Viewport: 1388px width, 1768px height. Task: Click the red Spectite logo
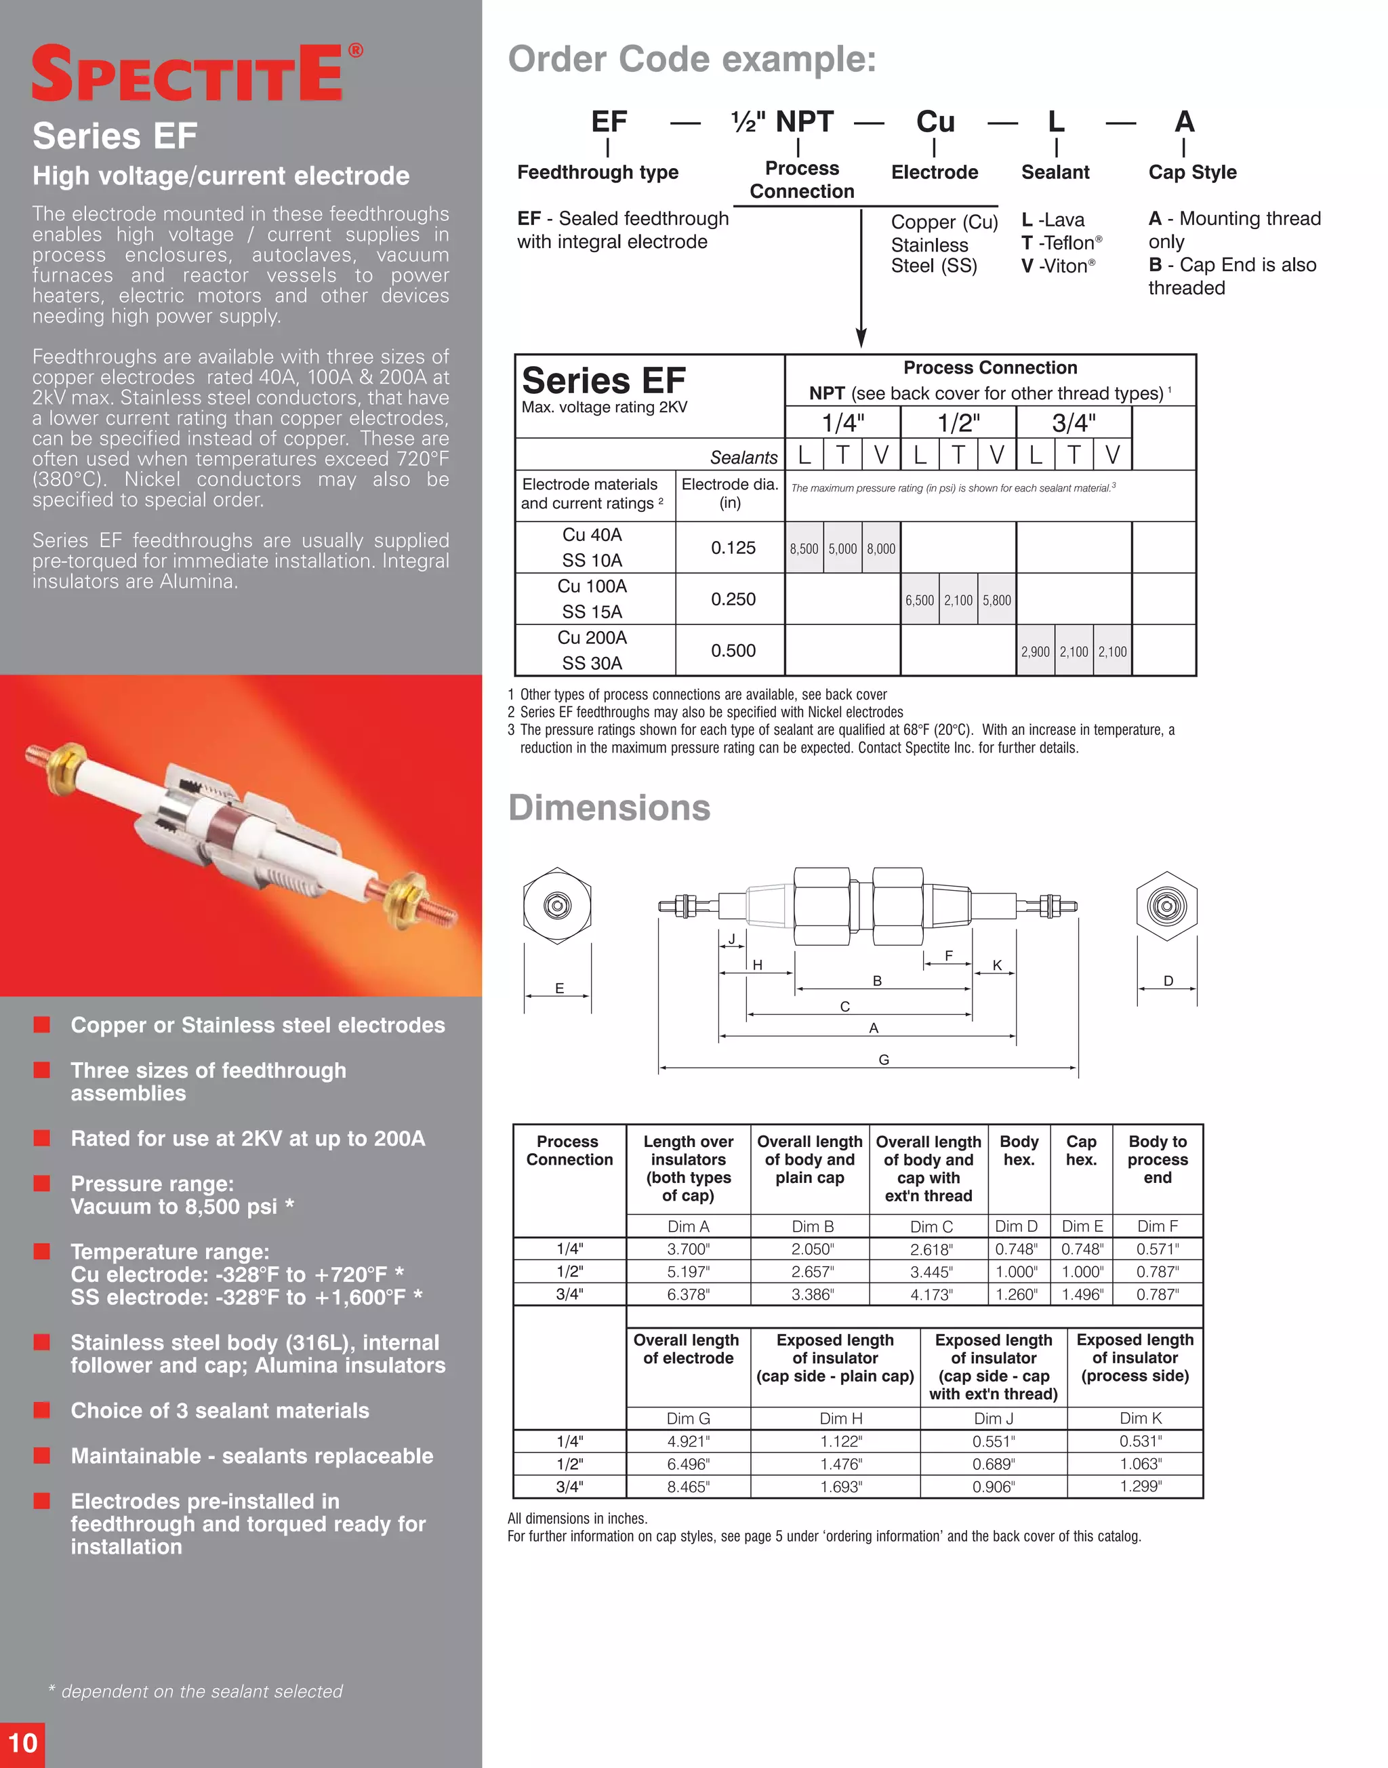click(195, 73)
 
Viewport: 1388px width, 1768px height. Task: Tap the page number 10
click(23, 1743)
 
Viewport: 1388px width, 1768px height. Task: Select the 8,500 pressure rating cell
click(804, 548)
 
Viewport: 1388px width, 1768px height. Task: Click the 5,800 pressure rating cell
click(996, 601)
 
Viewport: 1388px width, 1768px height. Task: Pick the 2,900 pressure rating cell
click(1036, 652)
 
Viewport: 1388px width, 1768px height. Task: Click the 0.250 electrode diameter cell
click(733, 599)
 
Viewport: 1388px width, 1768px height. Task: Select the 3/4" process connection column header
click(1074, 423)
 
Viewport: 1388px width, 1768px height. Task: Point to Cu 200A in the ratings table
click(592, 638)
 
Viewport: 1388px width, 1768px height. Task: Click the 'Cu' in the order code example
click(935, 122)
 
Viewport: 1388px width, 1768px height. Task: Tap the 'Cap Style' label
click(1192, 172)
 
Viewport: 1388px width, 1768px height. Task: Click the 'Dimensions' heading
click(609, 808)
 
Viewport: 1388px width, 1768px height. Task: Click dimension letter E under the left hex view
click(559, 988)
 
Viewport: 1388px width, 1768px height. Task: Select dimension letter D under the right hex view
click(1168, 981)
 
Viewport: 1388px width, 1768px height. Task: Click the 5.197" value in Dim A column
click(689, 1271)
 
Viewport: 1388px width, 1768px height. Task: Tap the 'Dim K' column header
click(1140, 1418)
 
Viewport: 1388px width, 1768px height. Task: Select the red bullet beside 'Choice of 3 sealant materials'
click(42, 1410)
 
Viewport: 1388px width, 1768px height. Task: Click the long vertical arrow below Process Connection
click(861, 277)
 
